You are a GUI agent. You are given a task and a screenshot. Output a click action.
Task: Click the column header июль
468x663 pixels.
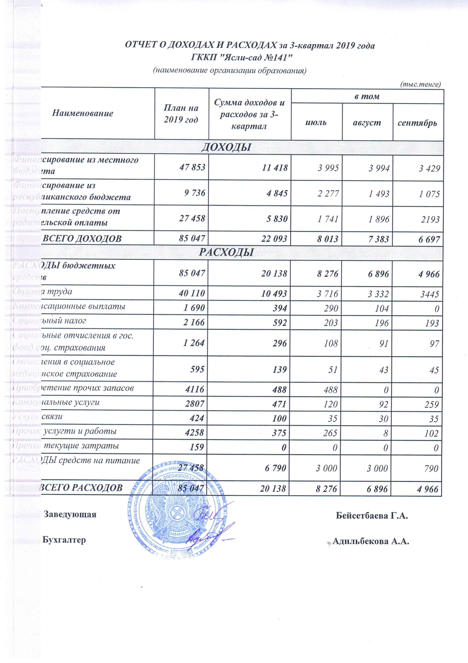316,122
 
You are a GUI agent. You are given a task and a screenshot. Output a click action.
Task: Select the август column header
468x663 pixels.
367,123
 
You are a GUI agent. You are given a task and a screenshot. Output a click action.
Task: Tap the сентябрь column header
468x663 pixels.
417,123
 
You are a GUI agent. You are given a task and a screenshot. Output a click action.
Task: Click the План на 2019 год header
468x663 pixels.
181,114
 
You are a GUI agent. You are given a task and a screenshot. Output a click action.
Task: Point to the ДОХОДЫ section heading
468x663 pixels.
226,147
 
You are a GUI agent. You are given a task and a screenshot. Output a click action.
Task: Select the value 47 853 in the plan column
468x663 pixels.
192,167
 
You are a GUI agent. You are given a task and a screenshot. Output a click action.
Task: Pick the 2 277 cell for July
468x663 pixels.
328,194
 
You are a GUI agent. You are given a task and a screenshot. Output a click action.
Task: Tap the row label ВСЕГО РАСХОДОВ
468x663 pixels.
81,488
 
